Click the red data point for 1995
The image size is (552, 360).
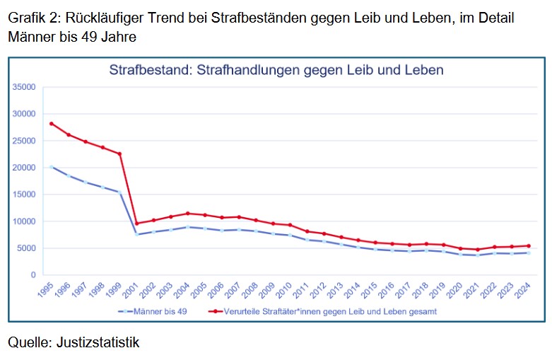click(x=51, y=123)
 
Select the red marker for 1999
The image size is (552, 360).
click(x=119, y=153)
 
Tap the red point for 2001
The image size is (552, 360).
click(x=137, y=223)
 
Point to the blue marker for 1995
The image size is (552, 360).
click(x=51, y=167)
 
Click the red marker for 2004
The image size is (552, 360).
click(x=188, y=213)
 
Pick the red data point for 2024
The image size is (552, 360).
click(x=529, y=246)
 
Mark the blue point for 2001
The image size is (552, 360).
click(x=137, y=234)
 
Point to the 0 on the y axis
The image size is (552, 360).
click(x=33, y=275)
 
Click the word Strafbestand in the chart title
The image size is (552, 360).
click(x=149, y=70)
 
